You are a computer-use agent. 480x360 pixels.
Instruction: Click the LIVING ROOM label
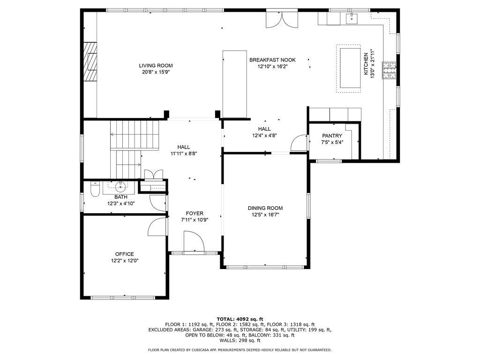(156, 66)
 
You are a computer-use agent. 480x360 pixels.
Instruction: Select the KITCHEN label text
(366, 64)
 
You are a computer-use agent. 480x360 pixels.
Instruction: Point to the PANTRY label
(332, 135)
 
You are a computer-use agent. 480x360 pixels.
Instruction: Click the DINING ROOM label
(265, 208)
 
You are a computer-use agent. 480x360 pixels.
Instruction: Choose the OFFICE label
(125, 254)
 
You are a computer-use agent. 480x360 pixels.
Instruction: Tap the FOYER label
(195, 213)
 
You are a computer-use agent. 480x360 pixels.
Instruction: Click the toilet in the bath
(95, 189)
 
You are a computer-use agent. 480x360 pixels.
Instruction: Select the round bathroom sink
(121, 186)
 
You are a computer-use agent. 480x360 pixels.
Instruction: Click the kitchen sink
(352, 18)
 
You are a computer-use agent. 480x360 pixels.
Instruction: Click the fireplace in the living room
(90, 61)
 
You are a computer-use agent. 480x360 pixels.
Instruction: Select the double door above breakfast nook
(282, 19)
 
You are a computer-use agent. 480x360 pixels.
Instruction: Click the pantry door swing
(299, 143)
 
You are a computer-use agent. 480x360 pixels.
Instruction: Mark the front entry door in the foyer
(194, 241)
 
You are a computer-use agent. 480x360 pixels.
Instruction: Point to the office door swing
(157, 227)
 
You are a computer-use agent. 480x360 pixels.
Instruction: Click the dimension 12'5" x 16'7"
(265, 215)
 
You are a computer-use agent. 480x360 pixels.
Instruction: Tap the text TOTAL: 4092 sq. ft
(240, 319)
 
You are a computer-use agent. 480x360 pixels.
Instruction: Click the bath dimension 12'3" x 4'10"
(121, 203)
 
